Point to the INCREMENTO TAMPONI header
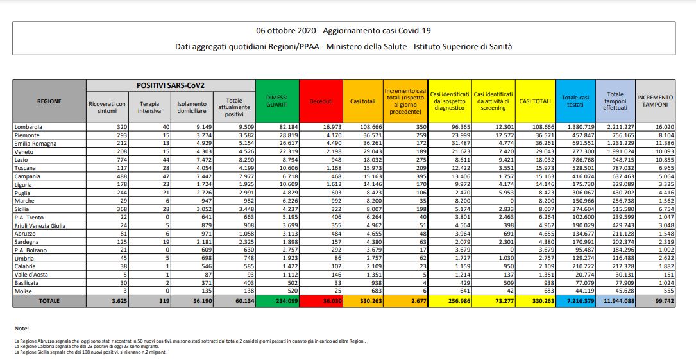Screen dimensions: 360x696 click(x=655, y=100)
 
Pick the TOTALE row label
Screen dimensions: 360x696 click(x=49, y=300)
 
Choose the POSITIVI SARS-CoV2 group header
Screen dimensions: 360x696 click(x=169, y=85)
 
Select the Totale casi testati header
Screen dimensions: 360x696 click(x=575, y=100)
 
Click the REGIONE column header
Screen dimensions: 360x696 click(x=49, y=100)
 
